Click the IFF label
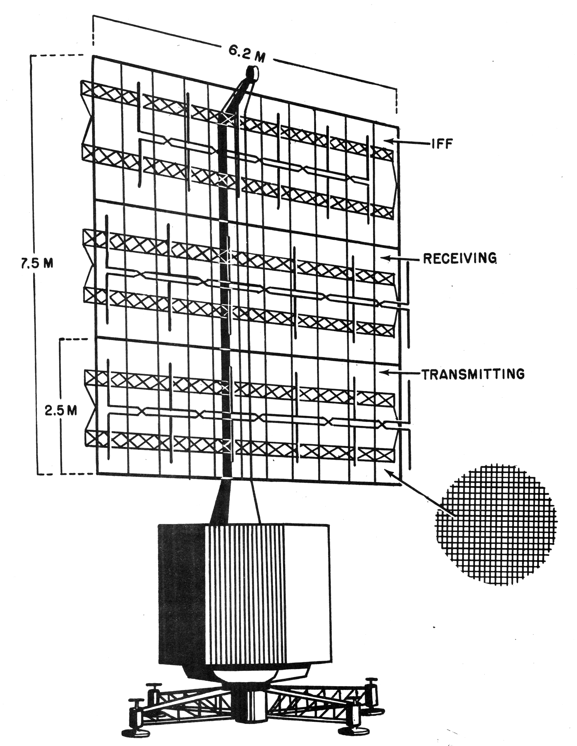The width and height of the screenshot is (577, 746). tap(442, 144)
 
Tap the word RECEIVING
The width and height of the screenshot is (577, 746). tap(460, 259)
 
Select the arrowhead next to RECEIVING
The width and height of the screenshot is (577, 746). tap(385, 258)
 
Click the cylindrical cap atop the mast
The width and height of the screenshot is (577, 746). tap(252, 73)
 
